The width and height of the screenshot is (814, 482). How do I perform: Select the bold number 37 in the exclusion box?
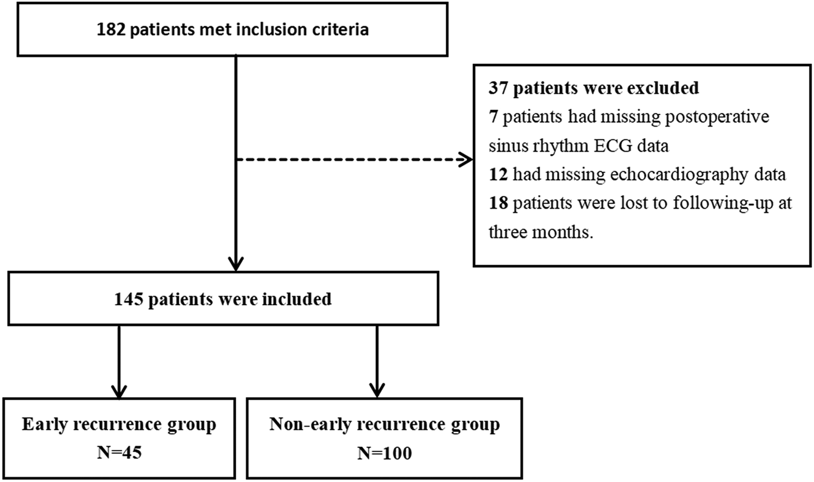[499, 88]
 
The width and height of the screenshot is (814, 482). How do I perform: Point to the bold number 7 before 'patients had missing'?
[493, 117]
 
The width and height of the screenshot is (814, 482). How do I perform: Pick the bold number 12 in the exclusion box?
[498, 174]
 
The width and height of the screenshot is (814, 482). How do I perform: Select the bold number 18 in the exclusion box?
[498, 203]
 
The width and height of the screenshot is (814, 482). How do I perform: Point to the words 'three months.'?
[540, 232]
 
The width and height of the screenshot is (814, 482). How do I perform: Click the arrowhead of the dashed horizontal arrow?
[466, 160]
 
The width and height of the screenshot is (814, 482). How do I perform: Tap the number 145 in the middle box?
[128, 299]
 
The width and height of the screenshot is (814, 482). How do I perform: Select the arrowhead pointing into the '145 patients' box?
[236, 264]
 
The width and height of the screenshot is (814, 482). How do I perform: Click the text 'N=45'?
[119, 453]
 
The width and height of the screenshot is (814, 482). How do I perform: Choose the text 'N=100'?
[384, 453]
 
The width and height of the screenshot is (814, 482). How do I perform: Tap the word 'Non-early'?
[309, 424]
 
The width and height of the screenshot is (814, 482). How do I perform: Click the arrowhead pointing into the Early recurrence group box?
[119, 391]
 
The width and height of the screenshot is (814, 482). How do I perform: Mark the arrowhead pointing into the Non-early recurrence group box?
[377, 391]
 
